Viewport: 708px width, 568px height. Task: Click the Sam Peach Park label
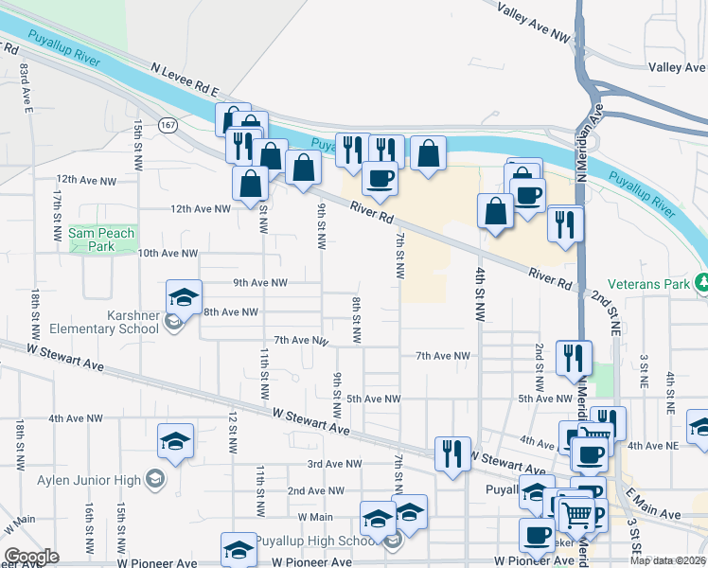[101, 240]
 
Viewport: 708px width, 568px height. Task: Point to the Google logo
[31, 557]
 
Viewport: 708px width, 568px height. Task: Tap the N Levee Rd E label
[185, 80]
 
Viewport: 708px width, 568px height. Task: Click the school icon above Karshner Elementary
[185, 297]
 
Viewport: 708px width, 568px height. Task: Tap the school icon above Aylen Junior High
[175, 442]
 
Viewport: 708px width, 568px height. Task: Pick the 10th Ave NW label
[168, 254]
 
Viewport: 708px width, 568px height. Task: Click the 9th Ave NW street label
[259, 282]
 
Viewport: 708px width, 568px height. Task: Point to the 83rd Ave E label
[26, 91]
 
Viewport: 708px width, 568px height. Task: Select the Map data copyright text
[668, 560]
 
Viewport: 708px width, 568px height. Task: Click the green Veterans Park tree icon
[702, 281]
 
